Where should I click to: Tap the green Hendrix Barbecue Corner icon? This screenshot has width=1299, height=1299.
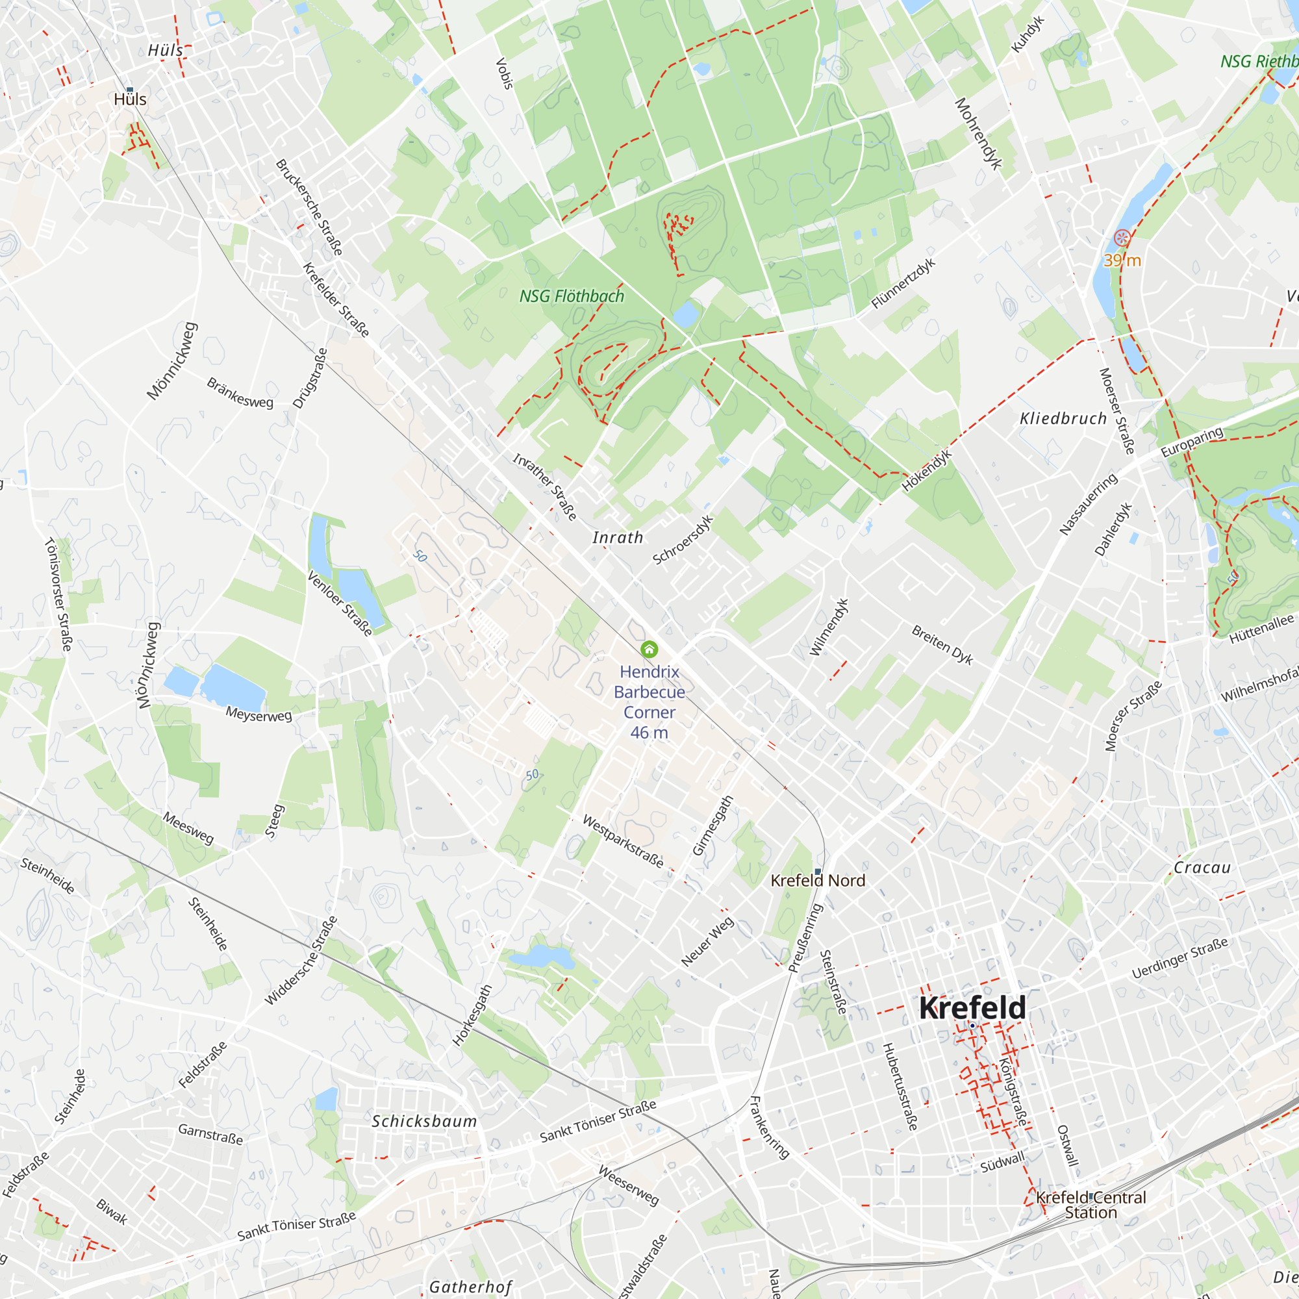(649, 649)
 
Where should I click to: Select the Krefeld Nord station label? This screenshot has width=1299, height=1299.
(818, 880)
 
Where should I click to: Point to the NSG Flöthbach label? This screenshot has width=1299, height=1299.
(572, 296)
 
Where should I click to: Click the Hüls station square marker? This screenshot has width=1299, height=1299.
(130, 90)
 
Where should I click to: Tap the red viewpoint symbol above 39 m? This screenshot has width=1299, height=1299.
(1122, 237)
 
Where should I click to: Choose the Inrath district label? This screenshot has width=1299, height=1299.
(618, 537)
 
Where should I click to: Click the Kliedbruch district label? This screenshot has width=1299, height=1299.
(1063, 418)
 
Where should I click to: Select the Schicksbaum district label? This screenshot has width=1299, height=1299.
(424, 1121)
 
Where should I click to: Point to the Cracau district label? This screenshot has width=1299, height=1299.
(1202, 867)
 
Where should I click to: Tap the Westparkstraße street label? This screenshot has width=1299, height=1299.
(623, 841)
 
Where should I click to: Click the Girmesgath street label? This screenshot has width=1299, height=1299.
(713, 826)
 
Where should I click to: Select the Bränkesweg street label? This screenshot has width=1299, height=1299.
(240, 393)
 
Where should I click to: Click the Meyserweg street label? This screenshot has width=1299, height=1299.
(259, 714)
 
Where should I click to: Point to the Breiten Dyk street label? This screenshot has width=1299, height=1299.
(942, 644)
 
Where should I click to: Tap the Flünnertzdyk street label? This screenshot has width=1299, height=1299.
(903, 284)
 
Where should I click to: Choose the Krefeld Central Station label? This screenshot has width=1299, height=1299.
(1091, 1204)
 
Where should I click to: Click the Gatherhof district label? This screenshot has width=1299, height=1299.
(471, 1286)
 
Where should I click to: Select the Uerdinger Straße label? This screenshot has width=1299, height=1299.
(1180, 958)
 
